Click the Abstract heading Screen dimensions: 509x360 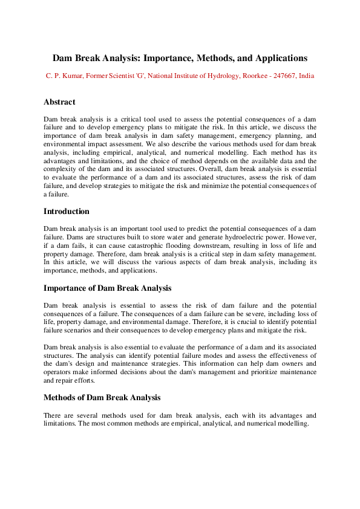(59, 102)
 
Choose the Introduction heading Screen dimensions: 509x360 (67, 212)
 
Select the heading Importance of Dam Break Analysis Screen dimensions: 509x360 (107, 288)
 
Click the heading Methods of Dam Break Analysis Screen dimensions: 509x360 (102, 397)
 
